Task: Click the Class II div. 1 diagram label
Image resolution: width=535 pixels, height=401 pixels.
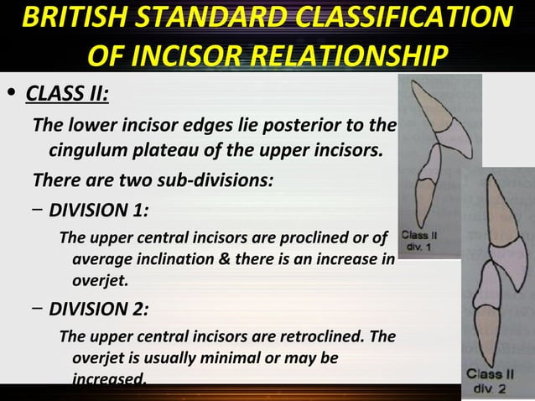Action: [x=417, y=241]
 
